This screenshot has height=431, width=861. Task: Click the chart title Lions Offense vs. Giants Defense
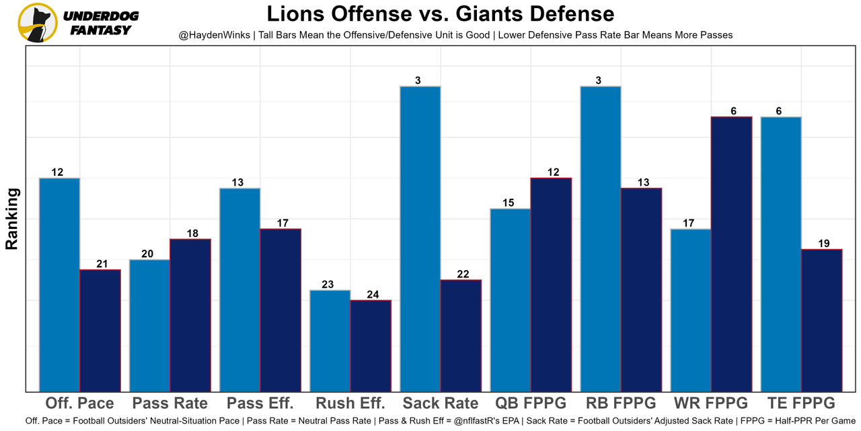coord(440,14)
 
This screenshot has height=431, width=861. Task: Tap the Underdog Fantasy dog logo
coord(37,22)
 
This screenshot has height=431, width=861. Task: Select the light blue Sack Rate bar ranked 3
coord(420,238)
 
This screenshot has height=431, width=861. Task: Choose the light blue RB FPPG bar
coord(601,238)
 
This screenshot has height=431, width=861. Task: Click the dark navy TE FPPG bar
coord(821,320)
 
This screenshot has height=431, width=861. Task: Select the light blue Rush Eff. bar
coord(330,340)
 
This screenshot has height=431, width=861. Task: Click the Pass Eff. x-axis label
coord(260,403)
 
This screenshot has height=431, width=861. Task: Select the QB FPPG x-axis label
coord(531,403)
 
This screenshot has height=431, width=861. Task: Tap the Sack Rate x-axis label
coord(441,403)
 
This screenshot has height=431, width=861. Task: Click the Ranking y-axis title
coord(12,219)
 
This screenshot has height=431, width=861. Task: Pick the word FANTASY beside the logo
coord(101,30)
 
